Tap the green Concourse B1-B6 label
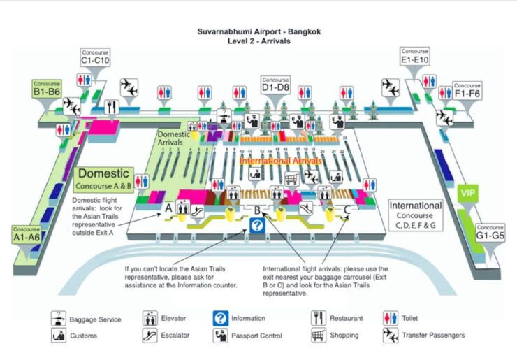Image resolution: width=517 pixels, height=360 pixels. (x=48, y=88)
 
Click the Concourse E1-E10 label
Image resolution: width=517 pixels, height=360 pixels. (x=414, y=56)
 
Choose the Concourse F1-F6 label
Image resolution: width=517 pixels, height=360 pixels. (x=467, y=90)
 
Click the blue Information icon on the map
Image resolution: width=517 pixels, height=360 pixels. (x=257, y=225)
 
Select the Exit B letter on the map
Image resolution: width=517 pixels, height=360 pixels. (x=256, y=209)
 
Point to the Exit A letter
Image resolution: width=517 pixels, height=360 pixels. (x=168, y=208)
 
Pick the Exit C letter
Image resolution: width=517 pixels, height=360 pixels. (x=347, y=208)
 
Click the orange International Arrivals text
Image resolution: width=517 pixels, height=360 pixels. (x=281, y=161)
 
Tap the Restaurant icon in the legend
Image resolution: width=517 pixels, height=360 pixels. (x=319, y=318)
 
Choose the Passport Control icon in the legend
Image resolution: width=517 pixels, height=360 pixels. (x=221, y=335)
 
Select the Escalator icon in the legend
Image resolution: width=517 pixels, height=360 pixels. (x=149, y=335)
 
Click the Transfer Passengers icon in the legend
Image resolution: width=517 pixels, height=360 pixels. (x=391, y=335)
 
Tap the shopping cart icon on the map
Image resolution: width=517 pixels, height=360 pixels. (x=291, y=179)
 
